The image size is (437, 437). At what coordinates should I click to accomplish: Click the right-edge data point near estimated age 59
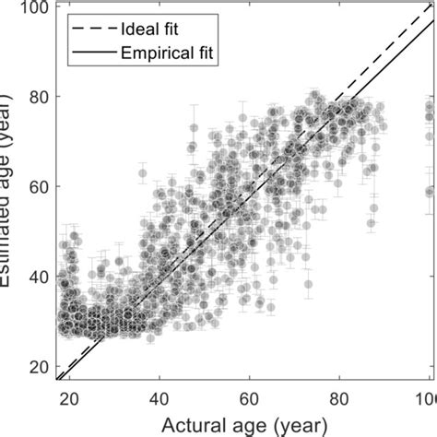coord(430,192)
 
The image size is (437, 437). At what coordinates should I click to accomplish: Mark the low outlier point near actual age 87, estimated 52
coord(372,222)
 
